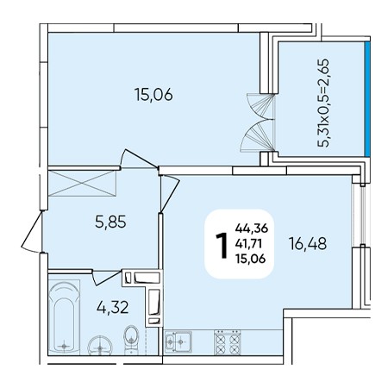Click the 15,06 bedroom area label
[x=153, y=95]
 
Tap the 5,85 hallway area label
[x=110, y=222]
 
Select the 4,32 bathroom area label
[x=112, y=307]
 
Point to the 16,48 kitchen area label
[x=308, y=244]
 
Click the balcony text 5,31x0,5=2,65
[x=323, y=103]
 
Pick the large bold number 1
[x=222, y=245]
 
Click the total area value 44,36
[x=252, y=228]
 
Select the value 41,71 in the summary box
[x=248, y=244]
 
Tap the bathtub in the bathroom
[x=64, y=316]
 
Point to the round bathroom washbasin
[x=100, y=345]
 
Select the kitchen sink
[x=178, y=341]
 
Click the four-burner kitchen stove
[x=227, y=342]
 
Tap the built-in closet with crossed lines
[x=82, y=184]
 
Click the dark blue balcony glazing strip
[x=367, y=99]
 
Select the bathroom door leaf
[x=107, y=278]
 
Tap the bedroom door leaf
[x=140, y=158]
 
